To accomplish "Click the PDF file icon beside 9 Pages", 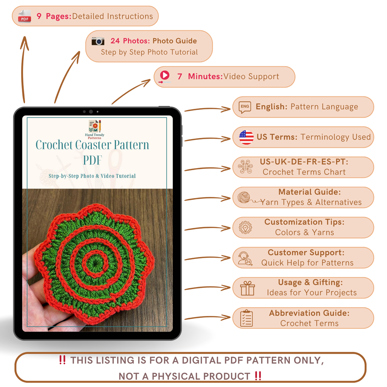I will click(x=25, y=16).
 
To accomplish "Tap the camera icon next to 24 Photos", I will click(x=98, y=41).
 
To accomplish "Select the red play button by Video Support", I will click(x=165, y=76).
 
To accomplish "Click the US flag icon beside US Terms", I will click(x=246, y=137).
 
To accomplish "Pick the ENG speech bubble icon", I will click(x=245, y=107).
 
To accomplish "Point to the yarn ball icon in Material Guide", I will click(x=244, y=197).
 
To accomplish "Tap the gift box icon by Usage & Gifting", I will click(x=248, y=289).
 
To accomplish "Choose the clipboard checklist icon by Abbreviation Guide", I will click(x=246, y=318).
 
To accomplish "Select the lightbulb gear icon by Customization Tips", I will click(x=245, y=228).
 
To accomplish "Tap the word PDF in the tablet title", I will click(x=93, y=159).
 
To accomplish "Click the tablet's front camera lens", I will click(x=91, y=112).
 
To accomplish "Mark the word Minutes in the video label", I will click(x=205, y=76).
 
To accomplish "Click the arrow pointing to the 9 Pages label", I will click(x=24, y=68).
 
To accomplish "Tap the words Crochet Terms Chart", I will click(x=304, y=172).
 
